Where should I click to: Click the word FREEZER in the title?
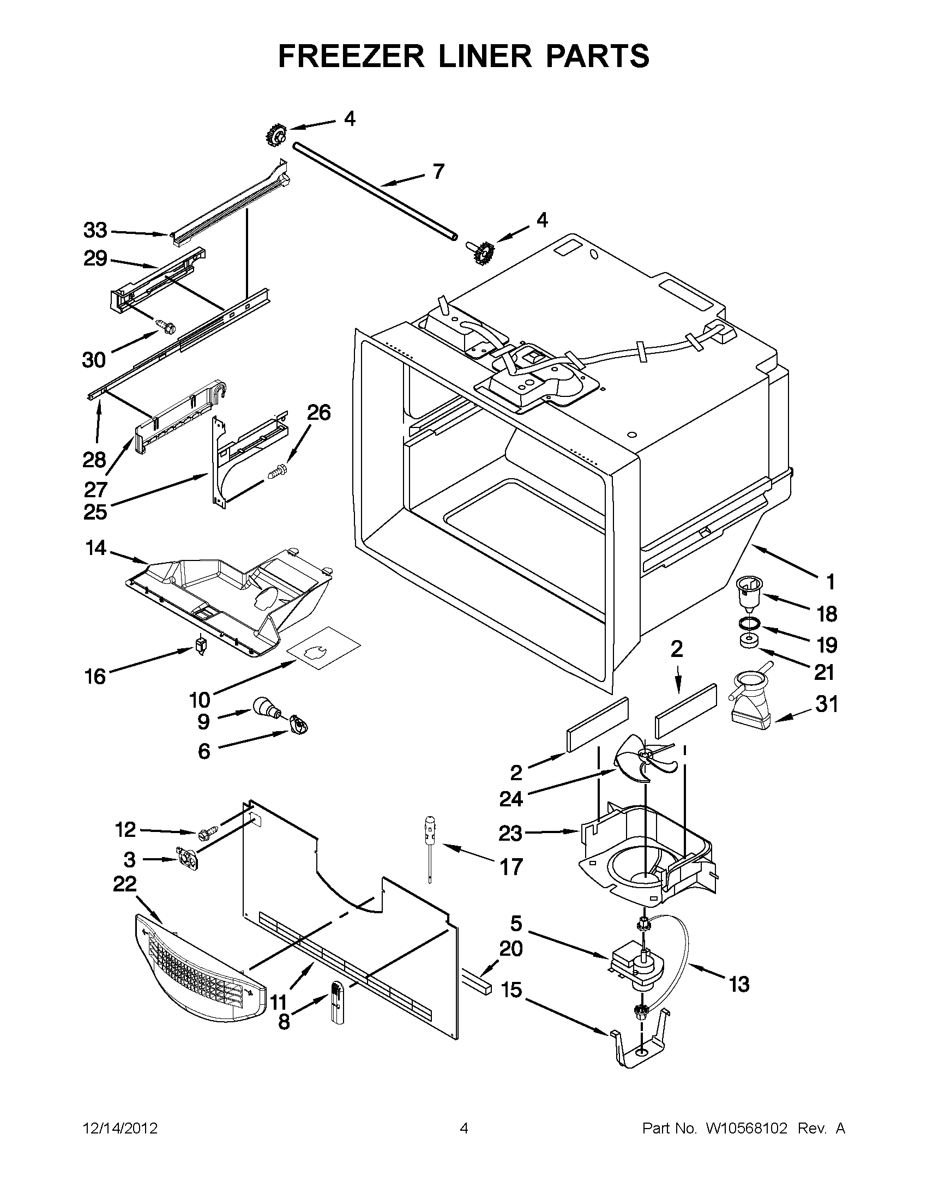pyautogui.click(x=351, y=56)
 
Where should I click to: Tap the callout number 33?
pyautogui.click(x=95, y=230)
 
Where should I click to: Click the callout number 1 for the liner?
pyautogui.click(x=830, y=581)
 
